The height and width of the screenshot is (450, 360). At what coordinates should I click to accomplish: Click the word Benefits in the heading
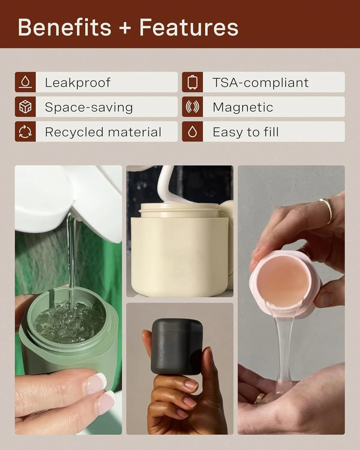[64, 27]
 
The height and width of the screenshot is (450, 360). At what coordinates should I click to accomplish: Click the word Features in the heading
[189, 27]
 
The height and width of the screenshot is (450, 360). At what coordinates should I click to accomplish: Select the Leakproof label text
[78, 82]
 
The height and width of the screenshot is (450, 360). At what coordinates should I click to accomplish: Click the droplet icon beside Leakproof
[25, 82]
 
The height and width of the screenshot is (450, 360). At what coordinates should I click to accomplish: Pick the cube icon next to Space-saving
[25, 106]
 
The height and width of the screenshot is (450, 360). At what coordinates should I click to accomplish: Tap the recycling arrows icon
[25, 131]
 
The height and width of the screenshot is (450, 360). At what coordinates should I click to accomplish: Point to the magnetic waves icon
[192, 106]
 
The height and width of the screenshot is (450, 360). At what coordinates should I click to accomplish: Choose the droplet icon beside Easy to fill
[192, 131]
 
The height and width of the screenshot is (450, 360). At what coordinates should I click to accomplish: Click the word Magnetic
[243, 107]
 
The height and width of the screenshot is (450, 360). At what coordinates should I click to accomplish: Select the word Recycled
[74, 132]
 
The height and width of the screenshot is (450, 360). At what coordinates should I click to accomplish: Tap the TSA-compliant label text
[261, 82]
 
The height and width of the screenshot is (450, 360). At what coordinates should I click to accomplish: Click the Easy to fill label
[246, 132]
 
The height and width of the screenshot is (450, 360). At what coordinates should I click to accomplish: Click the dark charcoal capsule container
[177, 347]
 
